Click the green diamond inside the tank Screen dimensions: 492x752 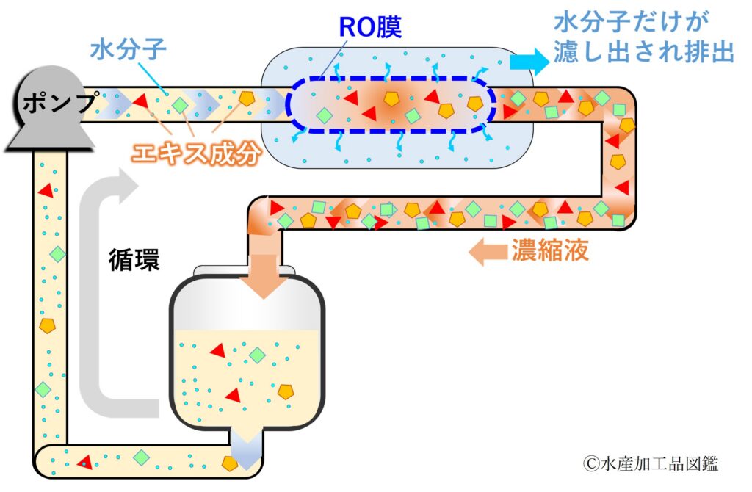[x=257, y=355]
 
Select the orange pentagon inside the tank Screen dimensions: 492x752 [x=286, y=391]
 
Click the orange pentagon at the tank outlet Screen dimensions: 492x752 [x=231, y=463]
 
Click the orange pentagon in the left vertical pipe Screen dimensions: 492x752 [x=47, y=325]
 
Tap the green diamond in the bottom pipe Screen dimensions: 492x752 [x=141, y=457]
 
